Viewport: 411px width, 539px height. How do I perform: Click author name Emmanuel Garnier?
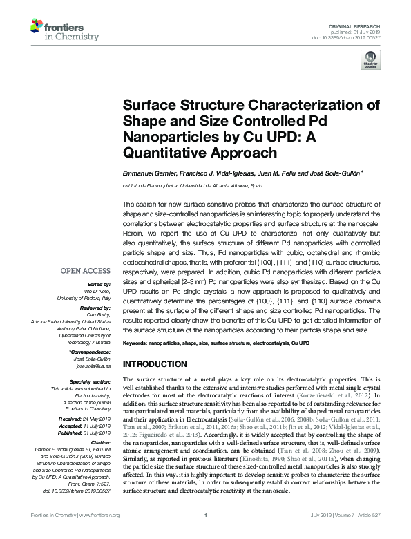point(151,175)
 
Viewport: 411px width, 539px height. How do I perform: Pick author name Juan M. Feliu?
point(276,175)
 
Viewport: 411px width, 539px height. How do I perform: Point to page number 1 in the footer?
point(206,534)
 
